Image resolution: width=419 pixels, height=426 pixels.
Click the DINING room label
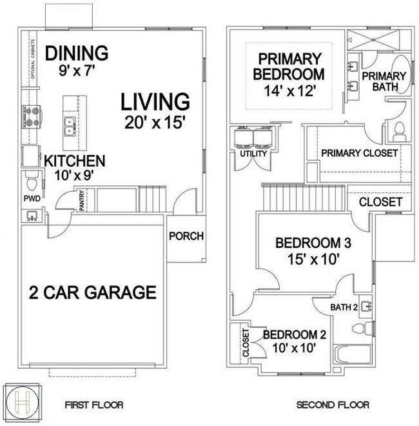(x=77, y=52)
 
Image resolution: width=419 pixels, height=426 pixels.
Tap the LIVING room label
(x=155, y=102)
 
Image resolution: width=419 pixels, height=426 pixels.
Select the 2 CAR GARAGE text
(x=93, y=292)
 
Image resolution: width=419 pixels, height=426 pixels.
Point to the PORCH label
(x=186, y=236)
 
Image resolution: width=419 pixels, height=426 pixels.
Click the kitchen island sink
(x=68, y=123)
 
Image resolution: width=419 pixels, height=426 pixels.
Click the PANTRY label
(x=81, y=199)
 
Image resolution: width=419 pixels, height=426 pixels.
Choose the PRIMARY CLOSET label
(x=359, y=153)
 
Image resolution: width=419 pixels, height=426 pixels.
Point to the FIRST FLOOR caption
(x=93, y=405)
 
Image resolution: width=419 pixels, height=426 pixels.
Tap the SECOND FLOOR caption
(x=333, y=405)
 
